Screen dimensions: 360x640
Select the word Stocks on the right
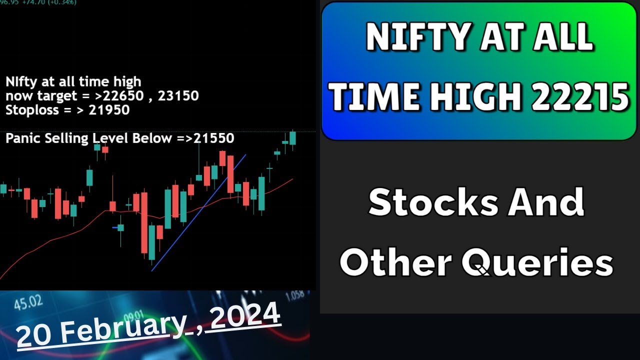click(x=433, y=202)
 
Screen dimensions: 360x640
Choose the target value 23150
click(x=178, y=95)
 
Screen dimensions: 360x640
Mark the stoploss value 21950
click(x=109, y=109)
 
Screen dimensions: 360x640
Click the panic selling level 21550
click(x=213, y=138)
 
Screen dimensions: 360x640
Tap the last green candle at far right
click(x=292, y=138)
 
